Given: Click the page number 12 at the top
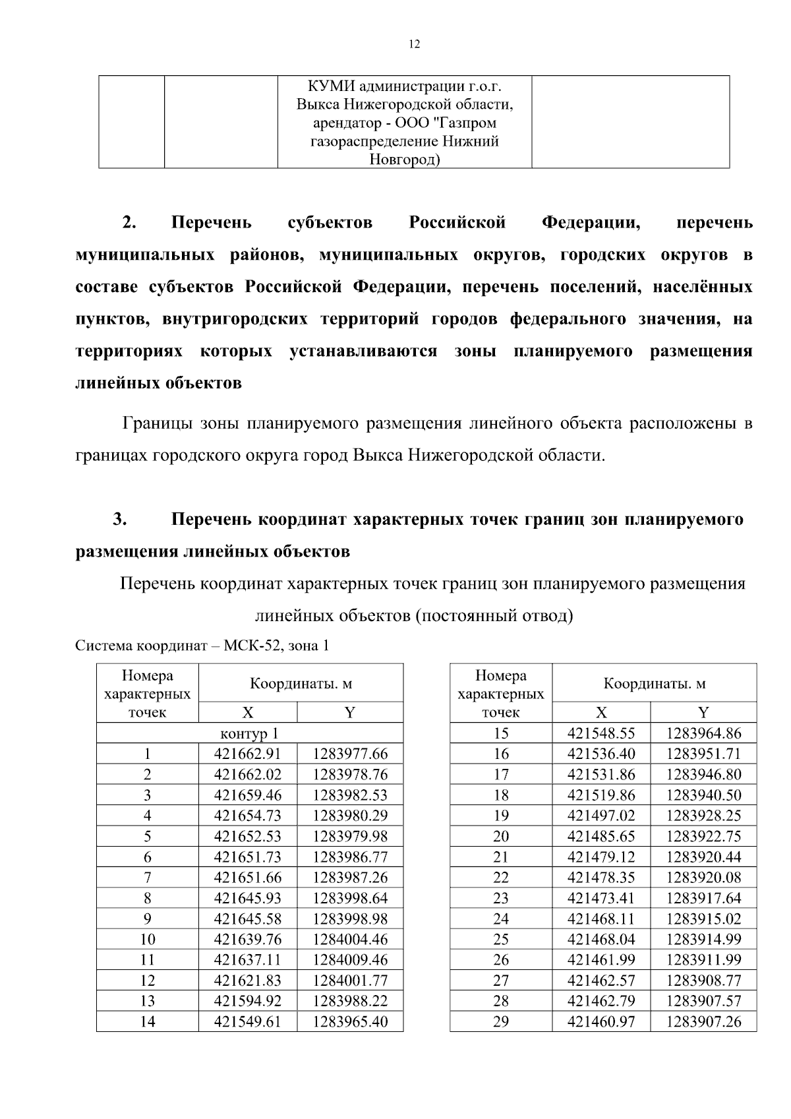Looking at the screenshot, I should click(414, 44).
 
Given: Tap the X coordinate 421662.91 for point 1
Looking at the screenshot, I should click(247, 754).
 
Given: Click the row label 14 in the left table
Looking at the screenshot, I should click(148, 1021).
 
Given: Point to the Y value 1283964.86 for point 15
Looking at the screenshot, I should click(703, 733).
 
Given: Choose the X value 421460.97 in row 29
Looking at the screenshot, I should click(601, 1021).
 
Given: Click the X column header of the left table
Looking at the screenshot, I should click(247, 712).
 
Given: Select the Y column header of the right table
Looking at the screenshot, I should click(703, 712).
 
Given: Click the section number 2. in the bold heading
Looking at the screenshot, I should click(129, 223).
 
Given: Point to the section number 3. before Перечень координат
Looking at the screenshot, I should click(119, 520).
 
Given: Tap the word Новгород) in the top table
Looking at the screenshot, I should click(405, 160).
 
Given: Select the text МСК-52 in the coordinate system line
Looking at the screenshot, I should click(254, 646).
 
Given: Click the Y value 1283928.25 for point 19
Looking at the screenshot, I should click(703, 816).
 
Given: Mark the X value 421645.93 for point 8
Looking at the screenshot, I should click(247, 897).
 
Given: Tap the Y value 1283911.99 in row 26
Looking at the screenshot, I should click(703, 959).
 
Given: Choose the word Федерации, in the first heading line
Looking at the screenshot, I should click(591, 223).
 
